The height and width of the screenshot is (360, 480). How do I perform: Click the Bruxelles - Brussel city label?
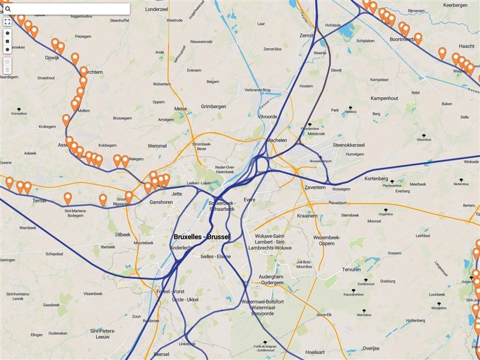pos(202,237)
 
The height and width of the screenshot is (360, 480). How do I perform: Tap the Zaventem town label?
pos(314,188)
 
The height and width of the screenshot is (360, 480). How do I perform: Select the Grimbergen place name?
pos(214,106)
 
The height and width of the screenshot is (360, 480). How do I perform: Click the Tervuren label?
pos(352,269)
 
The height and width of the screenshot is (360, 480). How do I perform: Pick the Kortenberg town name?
pos(377,178)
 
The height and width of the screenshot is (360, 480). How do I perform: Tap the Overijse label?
pos(371,348)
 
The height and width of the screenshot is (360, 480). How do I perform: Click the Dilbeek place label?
pos(122,235)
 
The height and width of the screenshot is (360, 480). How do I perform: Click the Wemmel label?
pos(157,146)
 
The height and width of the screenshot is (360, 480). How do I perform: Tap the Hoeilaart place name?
pos(319,352)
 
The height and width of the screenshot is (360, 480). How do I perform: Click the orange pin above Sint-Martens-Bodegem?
pos(68,197)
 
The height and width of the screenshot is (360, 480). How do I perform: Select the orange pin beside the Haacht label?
pos(442,53)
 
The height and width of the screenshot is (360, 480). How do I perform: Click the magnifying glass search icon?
pos(8,9)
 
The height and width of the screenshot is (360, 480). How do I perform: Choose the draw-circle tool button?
pos(7,50)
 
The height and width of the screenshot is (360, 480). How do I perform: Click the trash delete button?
pos(7,70)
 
